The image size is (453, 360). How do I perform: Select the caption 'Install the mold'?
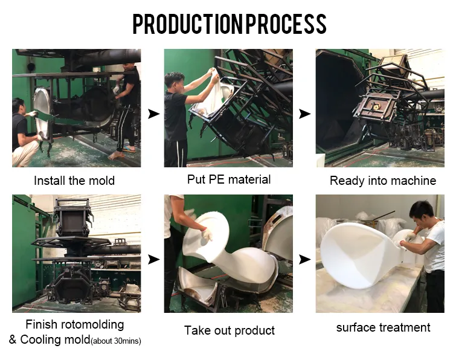74,181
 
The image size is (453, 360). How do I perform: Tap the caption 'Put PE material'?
229,179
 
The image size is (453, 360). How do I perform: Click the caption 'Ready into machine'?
382,181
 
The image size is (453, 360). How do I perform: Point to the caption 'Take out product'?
229,330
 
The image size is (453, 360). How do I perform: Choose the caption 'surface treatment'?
383,327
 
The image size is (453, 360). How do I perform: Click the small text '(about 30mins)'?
116,341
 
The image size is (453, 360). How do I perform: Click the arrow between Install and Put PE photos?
154,113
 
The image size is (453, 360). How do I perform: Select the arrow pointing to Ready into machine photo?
305,113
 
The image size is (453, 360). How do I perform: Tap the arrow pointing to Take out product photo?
154,259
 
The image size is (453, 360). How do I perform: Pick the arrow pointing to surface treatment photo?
305,259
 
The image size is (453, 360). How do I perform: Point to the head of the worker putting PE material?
174,82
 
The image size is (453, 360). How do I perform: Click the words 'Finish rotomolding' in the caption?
74,325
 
